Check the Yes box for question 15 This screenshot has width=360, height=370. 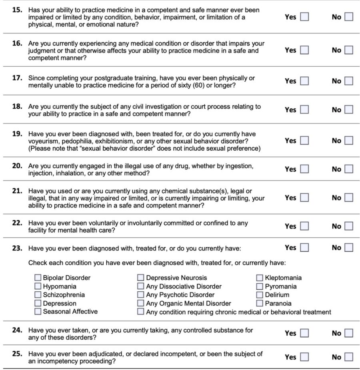click(x=304, y=17)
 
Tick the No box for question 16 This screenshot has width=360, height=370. click(x=349, y=50)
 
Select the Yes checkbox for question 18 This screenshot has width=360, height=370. click(x=304, y=109)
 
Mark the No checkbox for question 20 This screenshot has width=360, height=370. click(x=349, y=169)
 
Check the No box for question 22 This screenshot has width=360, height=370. click(x=349, y=226)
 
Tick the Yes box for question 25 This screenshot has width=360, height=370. click(x=304, y=357)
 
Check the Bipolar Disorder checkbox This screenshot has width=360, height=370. click(x=38, y=277)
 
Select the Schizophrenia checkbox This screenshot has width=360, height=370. click(x=38, y=294)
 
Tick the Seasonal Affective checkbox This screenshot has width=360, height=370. click(x=38, y=311)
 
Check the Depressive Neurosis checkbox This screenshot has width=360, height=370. click(x=141, y=277)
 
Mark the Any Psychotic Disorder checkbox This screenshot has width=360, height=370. click(x=141, y=294)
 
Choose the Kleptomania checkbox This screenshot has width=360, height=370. click(x=260, y=277)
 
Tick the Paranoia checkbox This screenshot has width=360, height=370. click(x=260, y=303)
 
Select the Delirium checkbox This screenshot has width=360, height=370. click(x=260, y=294)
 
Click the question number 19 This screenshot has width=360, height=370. click(x=17, y=134)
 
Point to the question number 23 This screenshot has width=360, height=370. click(x=17, y=248)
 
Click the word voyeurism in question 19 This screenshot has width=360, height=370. click(x=43, y=141)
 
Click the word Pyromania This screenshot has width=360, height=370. click(x=281, y=286)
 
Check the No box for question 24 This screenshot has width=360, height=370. click(x=349, y=333)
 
